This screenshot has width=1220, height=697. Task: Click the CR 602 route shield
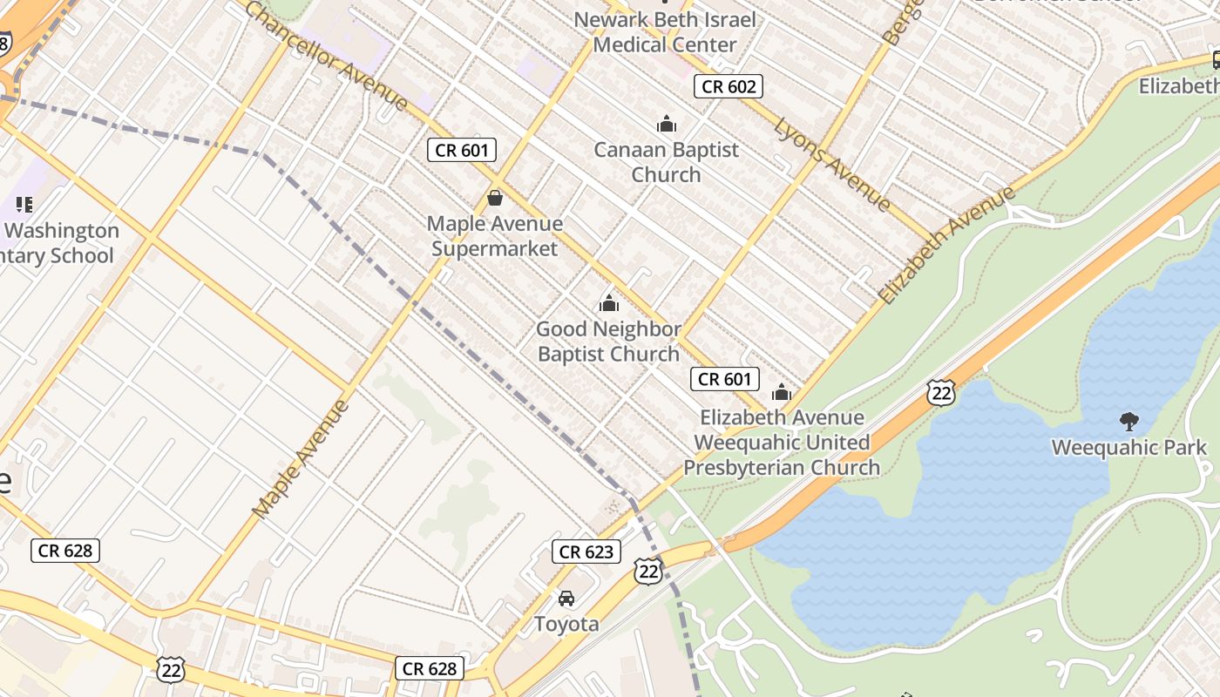point(729,85)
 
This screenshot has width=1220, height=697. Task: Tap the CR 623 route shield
point(587,552)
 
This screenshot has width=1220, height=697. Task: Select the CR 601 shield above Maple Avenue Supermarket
point(462,150)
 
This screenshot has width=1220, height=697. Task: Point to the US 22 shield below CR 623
point(647,572)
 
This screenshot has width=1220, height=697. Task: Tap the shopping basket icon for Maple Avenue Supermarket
point(495,199)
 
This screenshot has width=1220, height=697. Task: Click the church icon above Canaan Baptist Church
point(667,125)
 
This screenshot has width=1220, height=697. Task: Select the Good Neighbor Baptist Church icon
point(608,303)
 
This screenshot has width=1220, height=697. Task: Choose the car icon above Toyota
point(566,599)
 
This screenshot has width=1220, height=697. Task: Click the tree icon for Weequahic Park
point(1129,422)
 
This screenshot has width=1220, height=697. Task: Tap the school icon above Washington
point(24,205)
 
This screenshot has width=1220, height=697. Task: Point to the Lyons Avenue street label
point(832,165)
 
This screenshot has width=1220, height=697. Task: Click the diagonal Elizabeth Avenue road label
point(946,245)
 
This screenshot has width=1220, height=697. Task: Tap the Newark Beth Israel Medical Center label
point(665,31)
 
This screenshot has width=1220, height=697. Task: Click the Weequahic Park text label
point(1129,448)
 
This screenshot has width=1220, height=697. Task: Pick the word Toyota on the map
point(566,624)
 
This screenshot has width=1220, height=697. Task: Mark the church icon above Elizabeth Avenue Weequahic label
point(782,393)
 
